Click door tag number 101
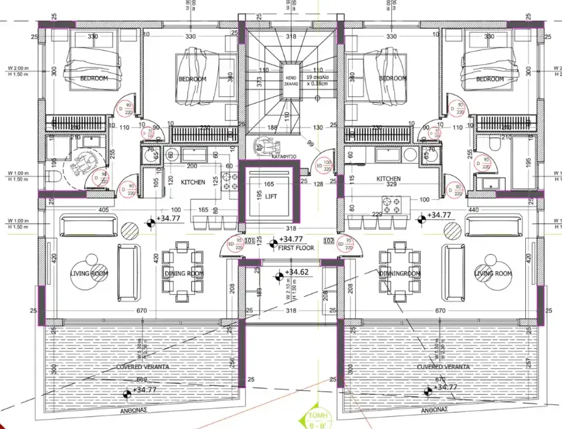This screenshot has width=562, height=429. tap(250, 240)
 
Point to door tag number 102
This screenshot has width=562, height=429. tap(329, 240)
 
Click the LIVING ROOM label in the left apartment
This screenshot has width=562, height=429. tap(90, 273)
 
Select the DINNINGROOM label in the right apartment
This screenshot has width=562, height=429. tap(399, 273)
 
